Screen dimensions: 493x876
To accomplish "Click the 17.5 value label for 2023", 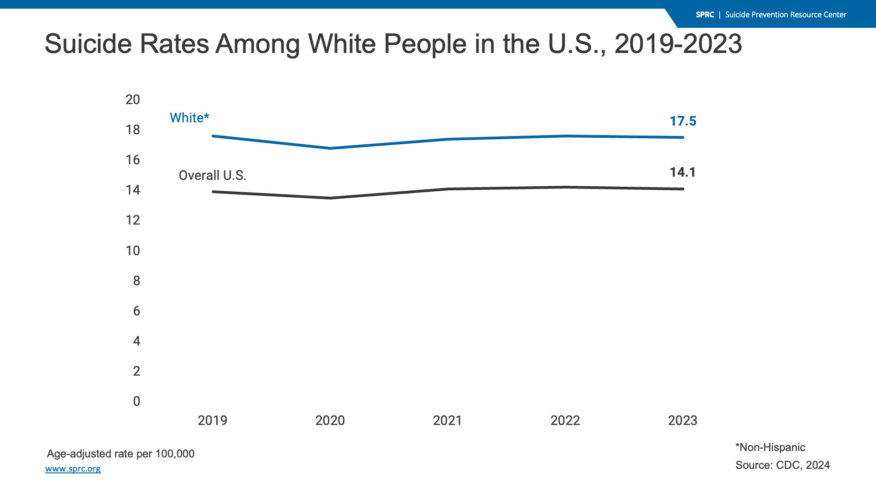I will click(683, 121).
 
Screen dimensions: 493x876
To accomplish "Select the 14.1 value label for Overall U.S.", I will click(683, 172).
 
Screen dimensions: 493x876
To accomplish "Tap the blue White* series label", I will click(189, 118).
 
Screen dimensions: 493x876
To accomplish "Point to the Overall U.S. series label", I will click(212, 175).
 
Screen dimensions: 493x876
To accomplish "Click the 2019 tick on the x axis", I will click(212, 420).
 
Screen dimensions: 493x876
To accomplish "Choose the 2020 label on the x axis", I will click(330, 420).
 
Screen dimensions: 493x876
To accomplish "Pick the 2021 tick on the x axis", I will click(447, 420).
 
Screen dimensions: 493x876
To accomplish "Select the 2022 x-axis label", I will click(565, 420).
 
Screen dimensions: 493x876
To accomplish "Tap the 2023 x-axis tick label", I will click(683, 420).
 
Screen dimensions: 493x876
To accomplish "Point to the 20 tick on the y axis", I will click(133, 100).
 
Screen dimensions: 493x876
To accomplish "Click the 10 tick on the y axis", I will click(133, 251).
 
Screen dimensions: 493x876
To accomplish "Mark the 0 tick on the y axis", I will click(136, 401).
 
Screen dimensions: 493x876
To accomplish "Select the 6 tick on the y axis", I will click(136, 311).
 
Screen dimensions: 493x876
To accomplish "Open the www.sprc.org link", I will click(73, 469).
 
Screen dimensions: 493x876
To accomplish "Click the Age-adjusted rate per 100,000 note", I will click(121, 454).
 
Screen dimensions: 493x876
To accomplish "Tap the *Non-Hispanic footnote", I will click(770, 447).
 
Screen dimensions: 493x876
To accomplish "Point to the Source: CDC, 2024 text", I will click(782, 465).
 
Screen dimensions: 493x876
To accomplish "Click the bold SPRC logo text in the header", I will click(705, 15).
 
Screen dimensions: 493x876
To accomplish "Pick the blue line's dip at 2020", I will click(330, 148).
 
